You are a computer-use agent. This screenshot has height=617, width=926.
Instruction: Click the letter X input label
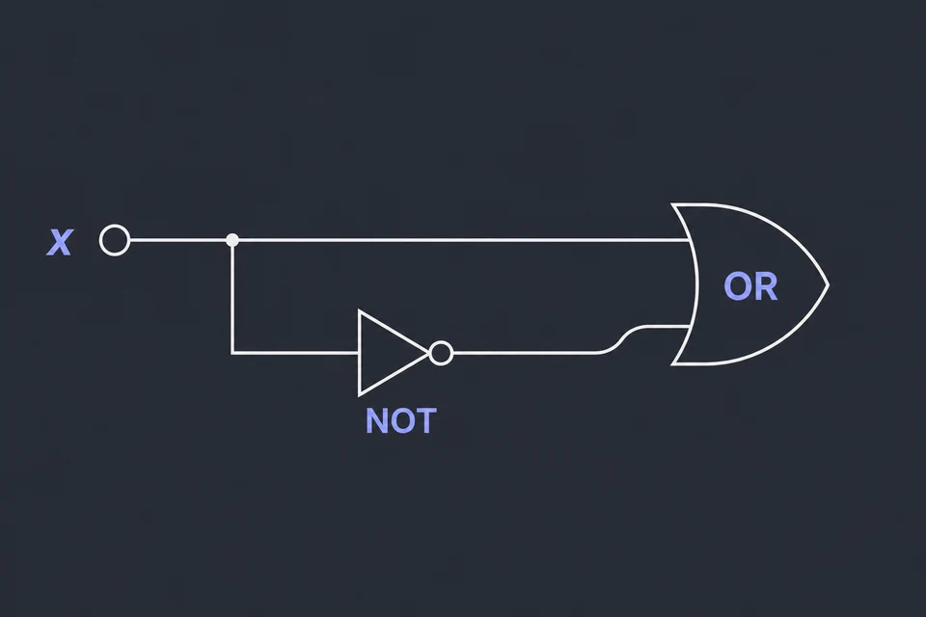click(59, 242)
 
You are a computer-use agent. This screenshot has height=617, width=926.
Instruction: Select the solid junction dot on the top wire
click(232, 240)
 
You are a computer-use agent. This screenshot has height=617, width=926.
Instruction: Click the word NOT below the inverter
click(401, 421)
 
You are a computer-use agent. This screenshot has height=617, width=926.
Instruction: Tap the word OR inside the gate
click(750, 286)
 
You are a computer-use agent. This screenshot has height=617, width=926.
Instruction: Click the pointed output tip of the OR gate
click(829, 285)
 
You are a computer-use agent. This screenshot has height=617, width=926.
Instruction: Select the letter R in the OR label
click(765, 286)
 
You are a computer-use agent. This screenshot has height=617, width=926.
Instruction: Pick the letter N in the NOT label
click(376, 421)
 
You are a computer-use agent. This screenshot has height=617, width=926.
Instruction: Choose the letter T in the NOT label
click(426, 421)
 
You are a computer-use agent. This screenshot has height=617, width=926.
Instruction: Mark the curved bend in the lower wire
click(619, 340)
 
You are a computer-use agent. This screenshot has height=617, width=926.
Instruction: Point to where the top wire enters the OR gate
click(690, 240)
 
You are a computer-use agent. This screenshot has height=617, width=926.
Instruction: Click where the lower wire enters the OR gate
click(690, 326)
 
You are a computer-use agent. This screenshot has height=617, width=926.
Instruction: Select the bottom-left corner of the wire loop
click(232, 353)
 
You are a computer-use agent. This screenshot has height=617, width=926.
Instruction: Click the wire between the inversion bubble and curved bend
click(526, 353)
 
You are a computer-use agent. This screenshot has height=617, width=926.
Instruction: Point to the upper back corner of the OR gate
click(673, 205)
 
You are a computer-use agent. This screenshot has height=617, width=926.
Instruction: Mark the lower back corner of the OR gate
click(673, 363)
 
